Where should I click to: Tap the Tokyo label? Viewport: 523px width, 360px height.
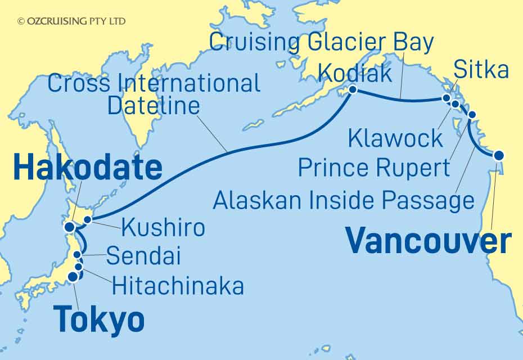pyautogui.click(x=99, y=321)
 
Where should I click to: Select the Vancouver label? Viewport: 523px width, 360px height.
pyautogui.click(x=429, y=242)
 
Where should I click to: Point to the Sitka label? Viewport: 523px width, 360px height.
pyautogui.click(x=481, y=70)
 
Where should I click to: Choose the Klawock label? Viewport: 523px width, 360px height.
pyautogui.click(x=396, y=138)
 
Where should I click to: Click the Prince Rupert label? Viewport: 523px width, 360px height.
pyautogui.click(x=374, y=167)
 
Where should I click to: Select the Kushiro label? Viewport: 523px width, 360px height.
pyautogui.click(x=162, y=228)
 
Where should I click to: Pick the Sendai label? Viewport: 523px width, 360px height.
pyautogui.click(x=143, y=256)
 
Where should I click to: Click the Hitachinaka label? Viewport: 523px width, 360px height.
pyautogui.click(x=178, y=286)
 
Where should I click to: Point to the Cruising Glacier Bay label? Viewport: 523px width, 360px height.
pyautogui.click(x=322, y=43)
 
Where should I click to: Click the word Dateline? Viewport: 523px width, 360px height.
pyautogui.click(x=154, y=105)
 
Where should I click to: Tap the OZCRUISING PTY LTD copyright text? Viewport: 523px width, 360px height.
pyautogui.click(x=71, y=21)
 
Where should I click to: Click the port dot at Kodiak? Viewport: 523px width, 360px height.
pyautogui.click(x=353, y=89)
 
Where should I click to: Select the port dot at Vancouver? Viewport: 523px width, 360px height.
pyautogui.click(x=498, y=155)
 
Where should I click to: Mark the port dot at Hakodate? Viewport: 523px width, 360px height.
pyautogui.click(x=69, y=227)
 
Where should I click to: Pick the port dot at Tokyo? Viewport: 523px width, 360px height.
pyautogui.click(x=72, y=277)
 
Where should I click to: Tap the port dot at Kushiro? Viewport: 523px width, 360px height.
pyautogui.click(x=87, y=220)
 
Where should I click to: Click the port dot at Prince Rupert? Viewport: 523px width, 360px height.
pyautogui.click(x=471, y=115)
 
